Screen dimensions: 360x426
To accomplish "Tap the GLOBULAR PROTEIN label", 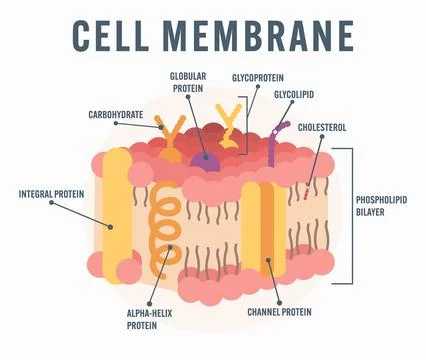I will click(187, 81).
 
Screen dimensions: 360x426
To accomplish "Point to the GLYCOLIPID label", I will click(294, 94).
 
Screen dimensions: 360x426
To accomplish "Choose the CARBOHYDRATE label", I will click(116, 113).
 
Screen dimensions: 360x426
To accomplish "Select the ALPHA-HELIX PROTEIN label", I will click(147, 317).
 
